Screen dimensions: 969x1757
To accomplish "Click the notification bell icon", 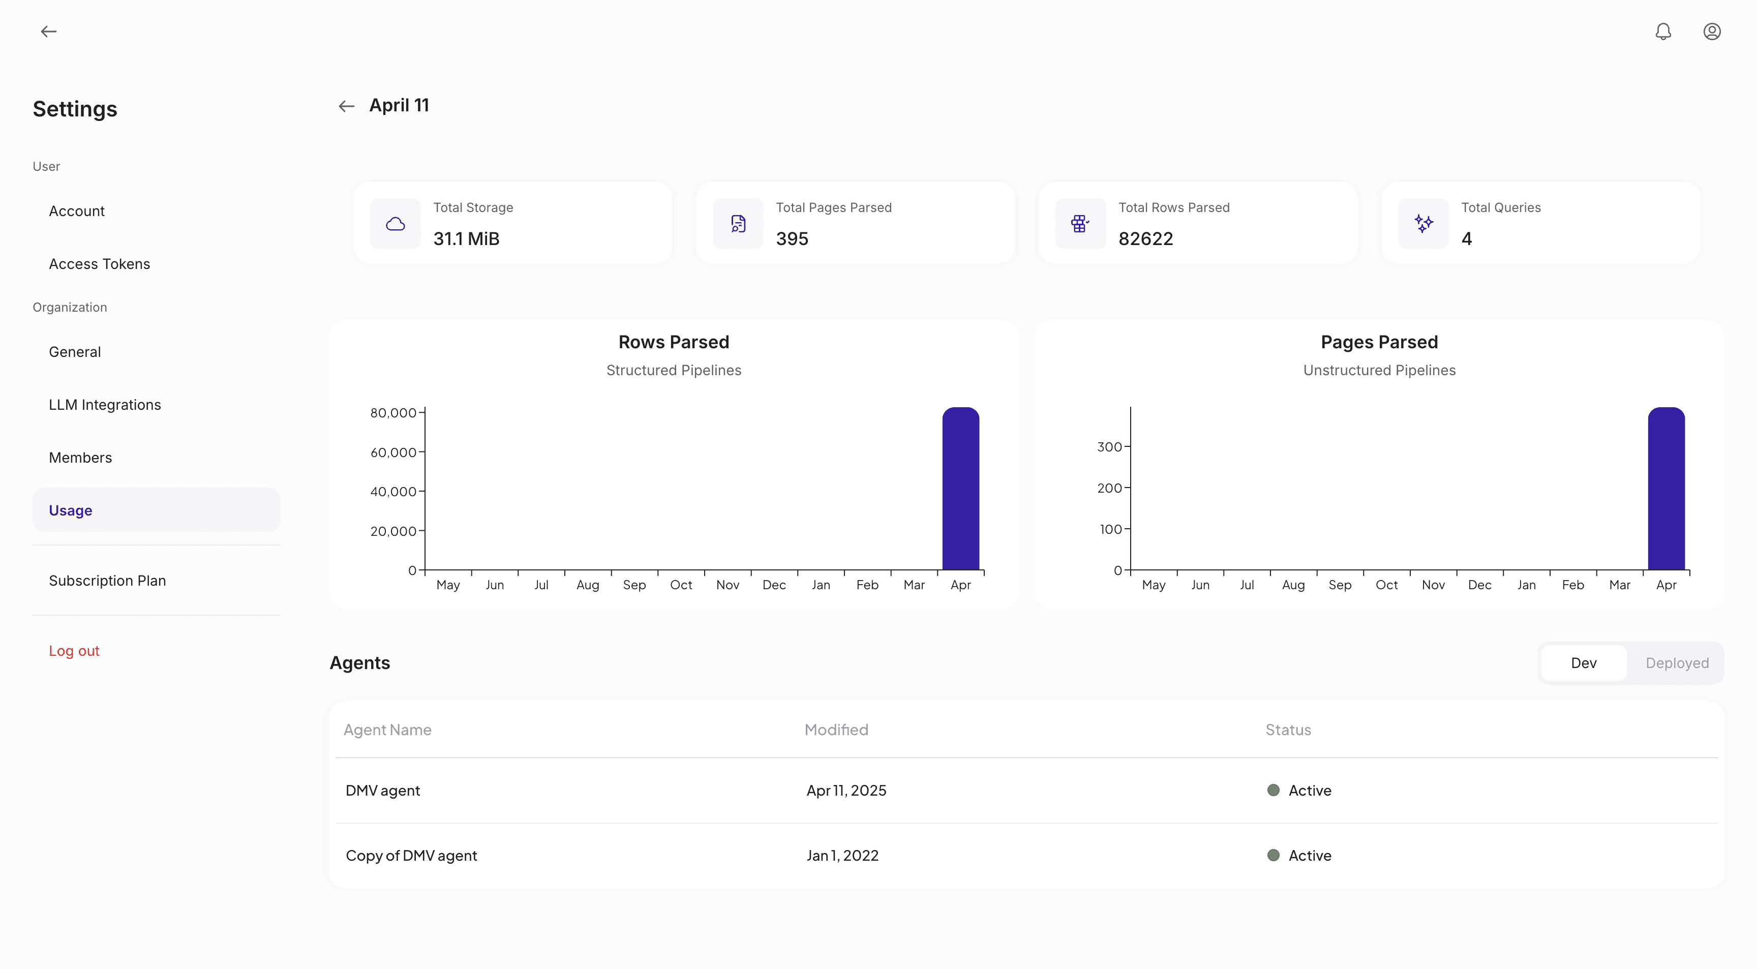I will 1663,32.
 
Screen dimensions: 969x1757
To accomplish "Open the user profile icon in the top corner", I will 1711,32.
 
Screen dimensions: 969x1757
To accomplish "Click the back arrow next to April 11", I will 347,106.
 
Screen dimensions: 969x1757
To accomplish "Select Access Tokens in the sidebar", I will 100,264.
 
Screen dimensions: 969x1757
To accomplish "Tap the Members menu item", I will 80,458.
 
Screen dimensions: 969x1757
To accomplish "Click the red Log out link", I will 74,651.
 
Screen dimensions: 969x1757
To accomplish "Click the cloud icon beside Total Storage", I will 396,224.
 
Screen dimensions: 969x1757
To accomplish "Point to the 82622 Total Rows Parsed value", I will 1145,238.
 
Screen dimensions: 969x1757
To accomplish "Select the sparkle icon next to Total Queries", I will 1423,224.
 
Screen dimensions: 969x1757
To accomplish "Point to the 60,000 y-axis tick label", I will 393,452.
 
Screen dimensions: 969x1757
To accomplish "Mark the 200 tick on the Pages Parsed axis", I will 1109,488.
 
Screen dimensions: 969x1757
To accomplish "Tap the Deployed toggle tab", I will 1677,663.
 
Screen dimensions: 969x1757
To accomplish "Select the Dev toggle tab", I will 1583,663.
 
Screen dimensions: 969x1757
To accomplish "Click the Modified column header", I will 836,730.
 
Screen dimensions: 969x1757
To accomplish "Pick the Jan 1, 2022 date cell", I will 842,855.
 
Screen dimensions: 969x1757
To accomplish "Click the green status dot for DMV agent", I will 1273,791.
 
